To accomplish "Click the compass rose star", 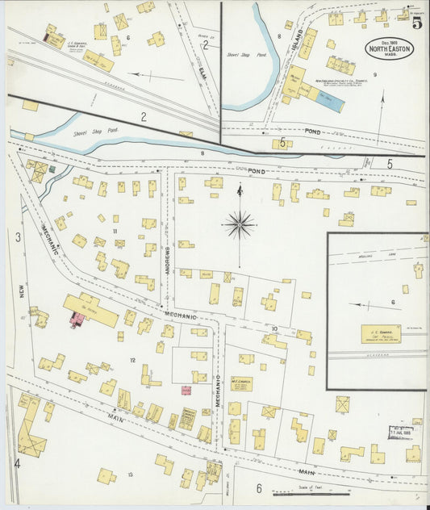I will click(240, 224).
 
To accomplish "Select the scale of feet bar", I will click(299, 494).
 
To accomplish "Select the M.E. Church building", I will click(240, 384).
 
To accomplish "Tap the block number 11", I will click(115, 232).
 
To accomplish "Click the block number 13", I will click(130, 475).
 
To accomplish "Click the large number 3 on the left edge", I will click(16, 236).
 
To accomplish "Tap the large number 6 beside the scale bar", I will click(259, 488).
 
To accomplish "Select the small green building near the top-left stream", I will click(52, 169).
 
